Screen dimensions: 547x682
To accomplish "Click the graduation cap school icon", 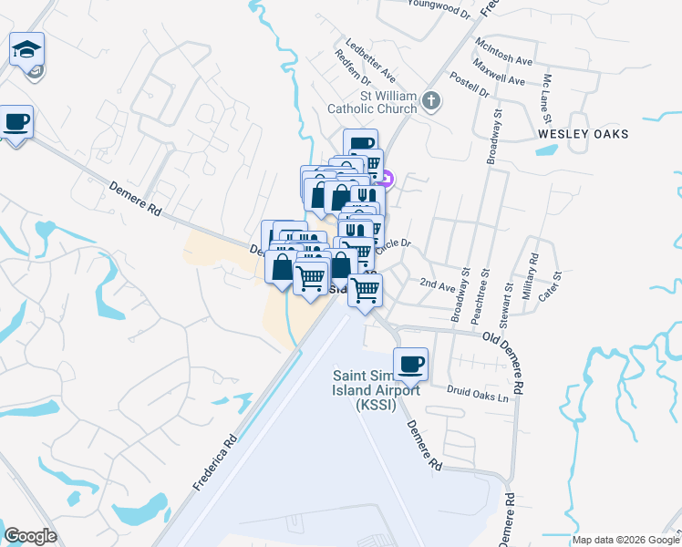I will [27, 48].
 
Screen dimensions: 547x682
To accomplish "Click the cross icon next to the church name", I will [432, 101].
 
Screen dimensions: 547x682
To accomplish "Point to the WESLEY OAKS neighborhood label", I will [584, 134].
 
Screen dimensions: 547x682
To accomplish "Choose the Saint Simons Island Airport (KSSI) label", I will [377, 390].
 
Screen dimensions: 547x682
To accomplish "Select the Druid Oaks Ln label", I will [476, 394].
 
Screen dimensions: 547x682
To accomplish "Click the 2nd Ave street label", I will [437, 284].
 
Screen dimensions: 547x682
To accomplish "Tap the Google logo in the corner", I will [30, 536].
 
